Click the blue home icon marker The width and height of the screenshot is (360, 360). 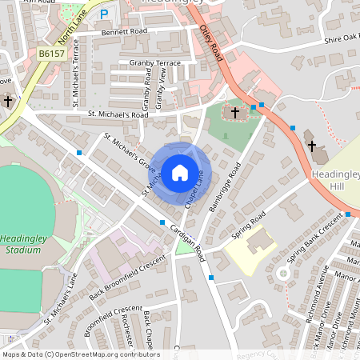(x=179, y=172)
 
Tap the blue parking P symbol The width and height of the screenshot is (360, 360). (x=103, y=14)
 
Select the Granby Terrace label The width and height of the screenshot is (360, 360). (x=150, y=62)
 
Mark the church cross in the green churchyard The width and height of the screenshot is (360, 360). (x=235, y=113)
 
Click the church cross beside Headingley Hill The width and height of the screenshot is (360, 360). (x=312, y=146)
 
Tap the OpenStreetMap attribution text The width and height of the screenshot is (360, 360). (x=81, y=354)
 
